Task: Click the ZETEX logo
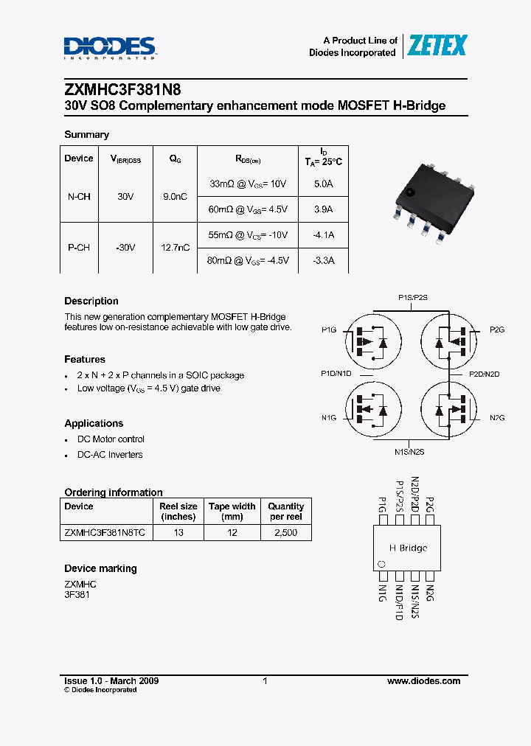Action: [x=438, y=46]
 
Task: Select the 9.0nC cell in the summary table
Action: [x=175, y=197]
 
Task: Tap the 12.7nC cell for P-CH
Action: [x=175, y=248]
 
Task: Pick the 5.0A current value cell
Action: [x=323, y=184]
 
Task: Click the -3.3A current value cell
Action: [x=322, y=260]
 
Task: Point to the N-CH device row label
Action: [x=79, y=197]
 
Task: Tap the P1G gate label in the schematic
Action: [x=329, y=330]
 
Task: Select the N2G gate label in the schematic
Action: [x=497, y=418]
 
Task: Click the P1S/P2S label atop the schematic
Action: [x=413, y=297]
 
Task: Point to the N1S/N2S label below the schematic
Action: [x=409, y=452]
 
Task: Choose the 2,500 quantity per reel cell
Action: [x=285, y=532]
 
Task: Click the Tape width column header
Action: [x=232, y=511]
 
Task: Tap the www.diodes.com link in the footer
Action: [x=423, y=681]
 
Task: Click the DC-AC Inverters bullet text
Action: [x=110, y=455]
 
